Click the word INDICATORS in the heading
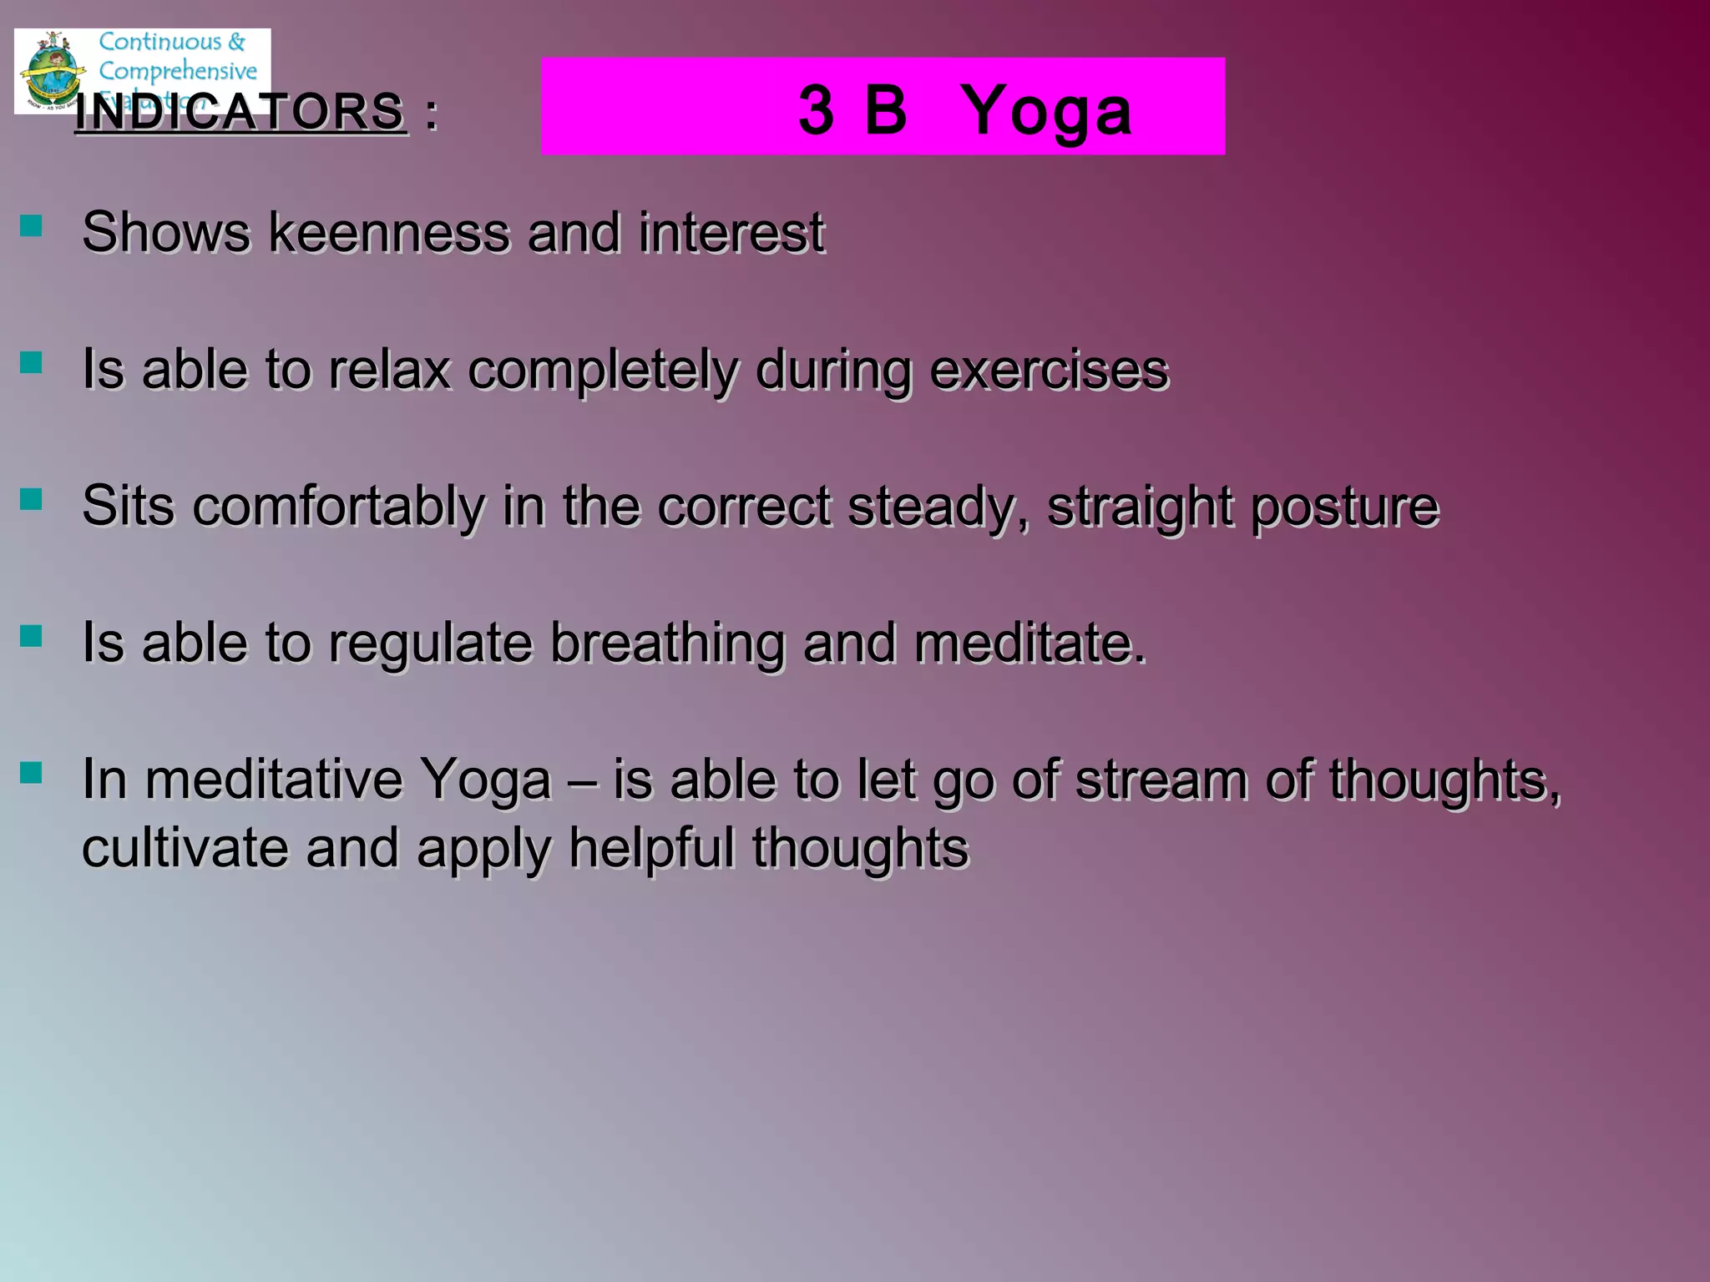[240, 112]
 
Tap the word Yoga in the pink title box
[1046, 110]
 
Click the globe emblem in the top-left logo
[52, 71]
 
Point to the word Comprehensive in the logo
[178, 70]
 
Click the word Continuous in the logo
[160, 42]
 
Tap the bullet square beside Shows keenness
[31, 225]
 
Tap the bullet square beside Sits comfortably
[31, 499]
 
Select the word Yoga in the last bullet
[485, 780]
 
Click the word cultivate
[185, 848]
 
